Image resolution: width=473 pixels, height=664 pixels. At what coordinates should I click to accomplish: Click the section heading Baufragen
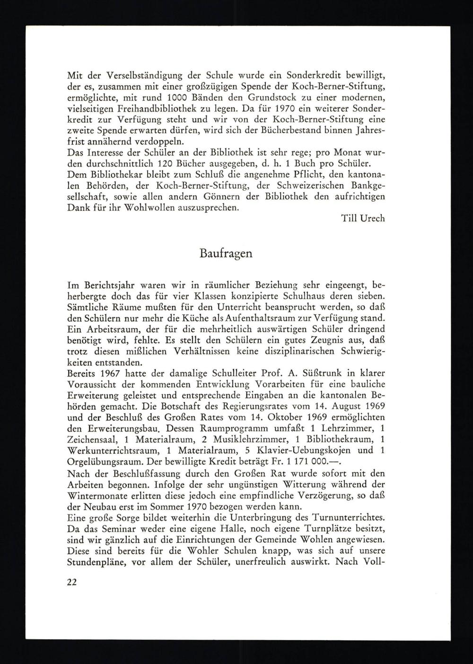[226, 253]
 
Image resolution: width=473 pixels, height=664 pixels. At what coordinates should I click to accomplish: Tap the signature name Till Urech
[363, 218]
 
